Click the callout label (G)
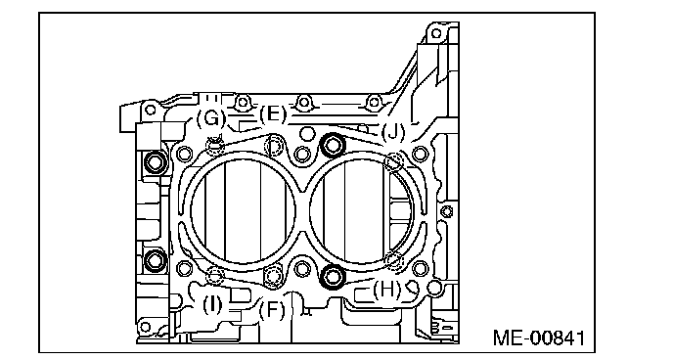pyautogui.click(x=210, y=118)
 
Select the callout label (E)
pyautogui.click(x=273, y=115)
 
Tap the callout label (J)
pyautogui.click(x=392, y=132)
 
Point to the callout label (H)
pyautogui.click(x=386, y=290)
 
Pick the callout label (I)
pyautogui.click(x=212, y=305)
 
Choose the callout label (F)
pyautogui.click(x=272, y=310)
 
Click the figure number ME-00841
pyautogui.click(x=539, y=337)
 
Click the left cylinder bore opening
pyautogui.click(x=243, y=210)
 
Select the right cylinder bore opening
pyautogui.click(x=361, y=210)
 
